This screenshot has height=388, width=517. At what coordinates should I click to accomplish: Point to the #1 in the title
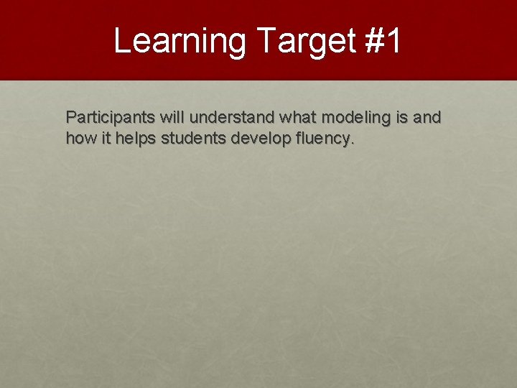coord(383,41)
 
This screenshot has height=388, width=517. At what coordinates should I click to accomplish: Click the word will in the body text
coord(172,117)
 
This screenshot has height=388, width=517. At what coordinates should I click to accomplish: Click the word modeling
coord(358,117)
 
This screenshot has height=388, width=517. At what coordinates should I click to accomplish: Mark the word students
coord(194,138)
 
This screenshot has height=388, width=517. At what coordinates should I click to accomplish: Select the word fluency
coord(320,139)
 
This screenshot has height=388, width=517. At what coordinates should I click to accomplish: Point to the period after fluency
coord(352,143)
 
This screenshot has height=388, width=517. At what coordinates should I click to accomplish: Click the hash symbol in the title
coord(374,41)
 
